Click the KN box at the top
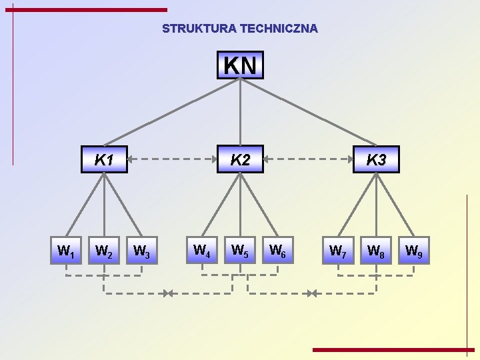(x=240, y=65)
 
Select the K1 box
(x=104, y=159)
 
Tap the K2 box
(x=240, y=159)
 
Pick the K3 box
(x=376, y=159)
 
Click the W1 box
(x=66, y=251)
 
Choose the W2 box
(x=103, y=251)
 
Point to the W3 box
(x=141, y=251)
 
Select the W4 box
(x=202, y=251)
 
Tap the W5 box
(x=239, y=251)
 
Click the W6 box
(x=277, y=251)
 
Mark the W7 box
(x=338, y=251)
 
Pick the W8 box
(x=376, y=251)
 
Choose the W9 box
(x=413, y=251)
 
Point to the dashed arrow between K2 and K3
(x=308, y=159)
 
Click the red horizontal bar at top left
(x=90, y=10)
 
